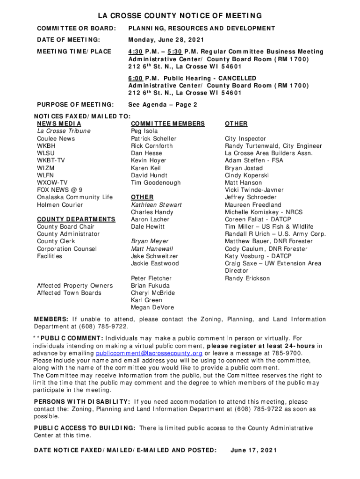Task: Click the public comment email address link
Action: [149, 353]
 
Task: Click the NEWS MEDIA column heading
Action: [59, 123]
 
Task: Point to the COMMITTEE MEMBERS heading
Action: [168, 123]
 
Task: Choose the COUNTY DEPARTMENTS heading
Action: [76, 219]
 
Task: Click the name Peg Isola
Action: [144, 131]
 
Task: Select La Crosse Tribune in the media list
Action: [64, 131]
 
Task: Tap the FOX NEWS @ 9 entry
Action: [60, 190]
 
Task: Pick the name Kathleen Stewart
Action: [156, 205]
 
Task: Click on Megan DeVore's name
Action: [152, 308]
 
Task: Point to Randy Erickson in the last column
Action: [247, 278]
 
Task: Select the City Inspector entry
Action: [245, 138]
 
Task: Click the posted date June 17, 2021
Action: [254, 450]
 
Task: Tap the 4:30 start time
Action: [136, 51]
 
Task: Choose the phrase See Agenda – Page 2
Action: [163, 105]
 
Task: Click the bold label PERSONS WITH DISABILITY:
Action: [82, 401]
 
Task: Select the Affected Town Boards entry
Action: [69, 293]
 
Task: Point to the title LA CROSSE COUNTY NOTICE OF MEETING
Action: [180, 16]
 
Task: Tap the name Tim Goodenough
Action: [156, 182]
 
